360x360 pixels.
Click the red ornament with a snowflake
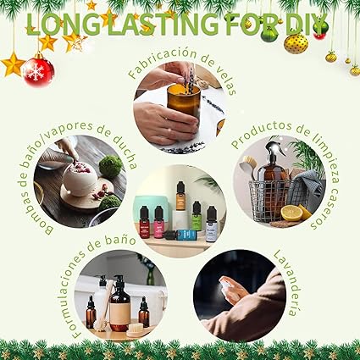coord(38,71)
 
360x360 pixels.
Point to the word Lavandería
coord(286,283)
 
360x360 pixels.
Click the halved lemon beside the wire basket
coord(291,213)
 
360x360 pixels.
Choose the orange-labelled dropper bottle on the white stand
coord(180,196)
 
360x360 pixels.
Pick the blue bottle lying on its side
coord(181,235)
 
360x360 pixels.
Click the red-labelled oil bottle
coord(145,222)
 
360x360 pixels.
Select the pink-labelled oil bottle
coord(158,222)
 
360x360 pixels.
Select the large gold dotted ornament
coord(296,43)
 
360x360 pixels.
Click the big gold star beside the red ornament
coord(13,64)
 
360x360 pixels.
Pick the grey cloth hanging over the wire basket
coord(304,186)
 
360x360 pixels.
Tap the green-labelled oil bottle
coord(197,215)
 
